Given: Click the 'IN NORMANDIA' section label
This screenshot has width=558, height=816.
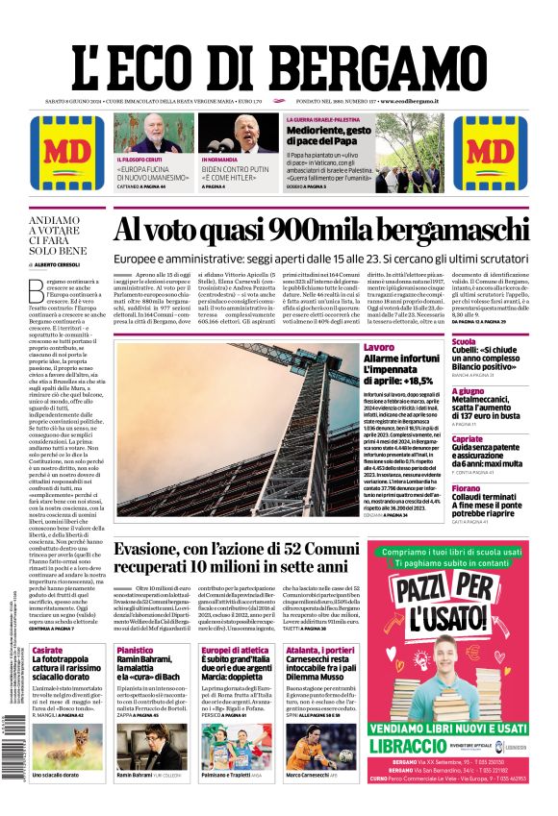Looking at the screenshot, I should point(220,160).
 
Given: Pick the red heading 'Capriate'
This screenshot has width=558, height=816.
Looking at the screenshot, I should point(467,438).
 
